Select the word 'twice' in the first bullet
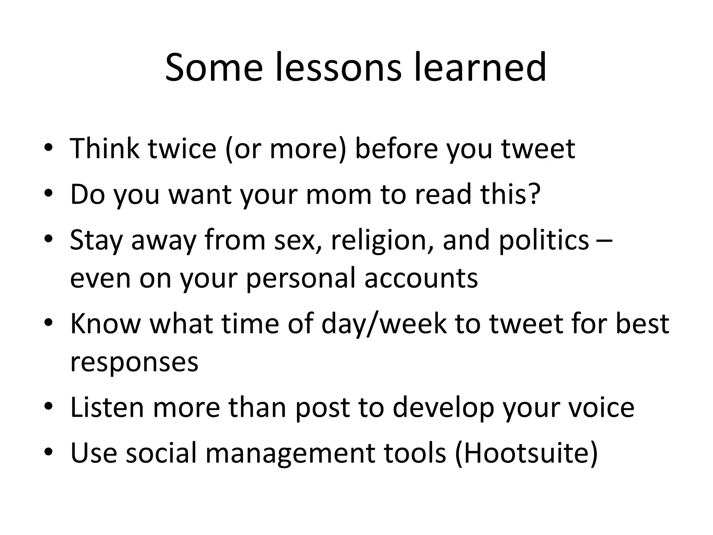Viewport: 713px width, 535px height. coord(182,149)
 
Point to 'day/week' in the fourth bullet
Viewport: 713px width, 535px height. coord(384,324)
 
